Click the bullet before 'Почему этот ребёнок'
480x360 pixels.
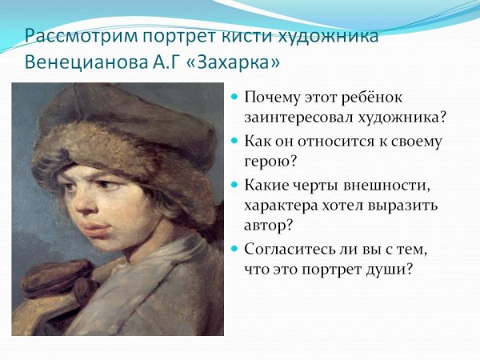pos(234,97)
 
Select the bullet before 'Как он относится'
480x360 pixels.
pos(234,141)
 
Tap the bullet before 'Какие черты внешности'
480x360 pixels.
pos(234,185)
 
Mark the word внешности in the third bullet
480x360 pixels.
pos(391,186)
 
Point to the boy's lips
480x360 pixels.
pos(94,230)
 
